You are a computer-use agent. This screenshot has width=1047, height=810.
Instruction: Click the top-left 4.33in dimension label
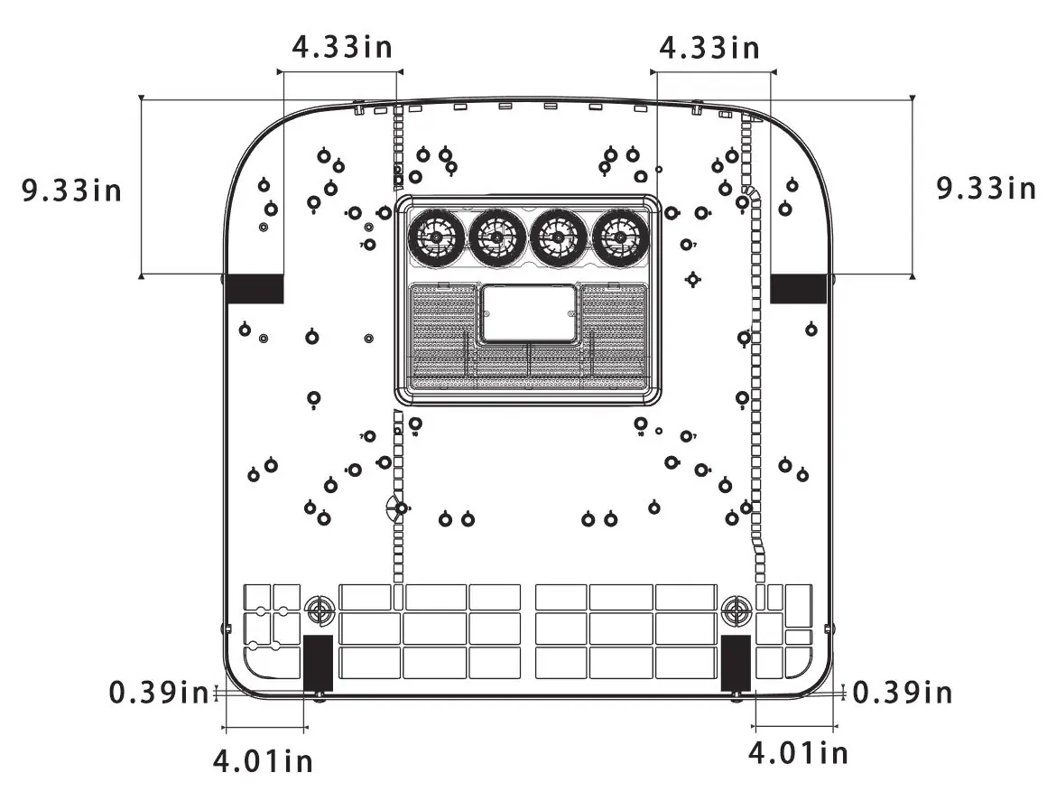coord(342,47)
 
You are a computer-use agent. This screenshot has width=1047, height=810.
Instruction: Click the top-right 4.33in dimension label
coord(709,48)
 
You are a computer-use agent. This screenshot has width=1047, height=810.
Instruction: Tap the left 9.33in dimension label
coord(71,190)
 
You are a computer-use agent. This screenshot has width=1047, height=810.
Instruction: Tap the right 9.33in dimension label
coord(986,188)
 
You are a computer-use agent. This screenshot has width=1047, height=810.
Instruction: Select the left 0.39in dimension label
coord(159,692)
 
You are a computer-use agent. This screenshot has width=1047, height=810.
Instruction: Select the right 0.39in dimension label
coord(902,693)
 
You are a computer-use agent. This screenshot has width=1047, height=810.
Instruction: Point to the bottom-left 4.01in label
coord(263,760)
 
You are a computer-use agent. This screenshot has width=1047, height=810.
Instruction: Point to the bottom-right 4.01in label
coord(798,753)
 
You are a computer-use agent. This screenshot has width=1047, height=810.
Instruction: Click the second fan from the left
coord(497,237)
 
